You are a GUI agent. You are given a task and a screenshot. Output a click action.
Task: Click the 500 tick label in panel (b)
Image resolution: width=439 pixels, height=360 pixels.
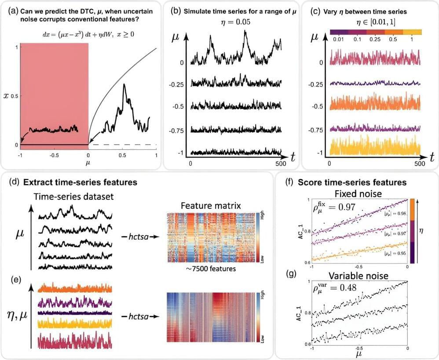click(x=281, y=163)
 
